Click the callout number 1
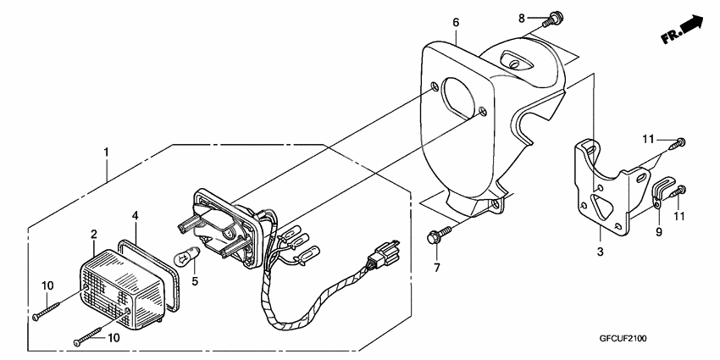click(x=106, y=152)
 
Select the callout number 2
click(x=94, y=233)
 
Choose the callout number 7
click(x=438, y=269)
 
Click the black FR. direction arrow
click(x=693, y=27)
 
